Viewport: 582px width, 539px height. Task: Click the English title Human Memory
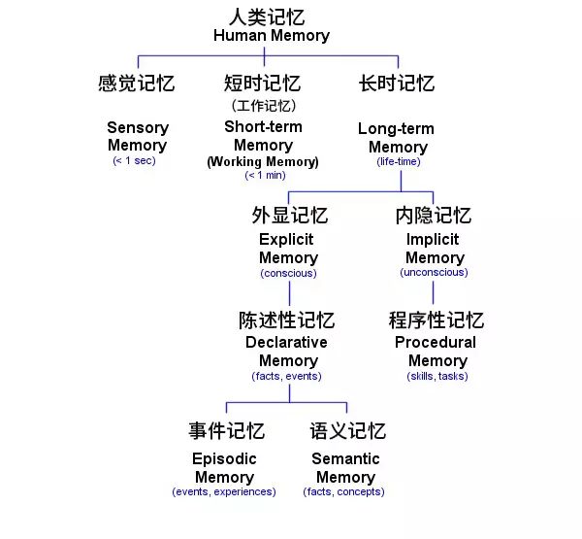coord(271,36)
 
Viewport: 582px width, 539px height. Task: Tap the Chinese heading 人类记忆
coord(271,17)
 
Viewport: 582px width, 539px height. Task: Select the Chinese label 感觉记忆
coord(137,84)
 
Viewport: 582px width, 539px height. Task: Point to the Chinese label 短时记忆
coord(263,84)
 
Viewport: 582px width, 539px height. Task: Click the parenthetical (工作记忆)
coord(263,106)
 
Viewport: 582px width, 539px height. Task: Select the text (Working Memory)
coord(263,162)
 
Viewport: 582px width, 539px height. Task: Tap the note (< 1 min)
coord(264,176)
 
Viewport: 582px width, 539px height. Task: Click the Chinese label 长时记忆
coord(397,84)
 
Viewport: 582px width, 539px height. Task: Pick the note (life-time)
coord(398,162)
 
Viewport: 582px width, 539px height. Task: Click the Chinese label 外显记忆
coord(289,216)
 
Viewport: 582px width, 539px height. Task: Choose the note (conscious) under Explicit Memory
coord(288,274)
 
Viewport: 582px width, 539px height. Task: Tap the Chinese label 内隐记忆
coord(434,216)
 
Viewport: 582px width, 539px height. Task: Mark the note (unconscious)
coord(434,273)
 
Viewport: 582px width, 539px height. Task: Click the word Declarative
coord(286,343)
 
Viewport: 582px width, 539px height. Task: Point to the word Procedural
coord(436,343)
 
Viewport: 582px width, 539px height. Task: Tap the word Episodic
coord(224,459)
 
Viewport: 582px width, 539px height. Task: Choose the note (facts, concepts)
coord(344,492)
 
